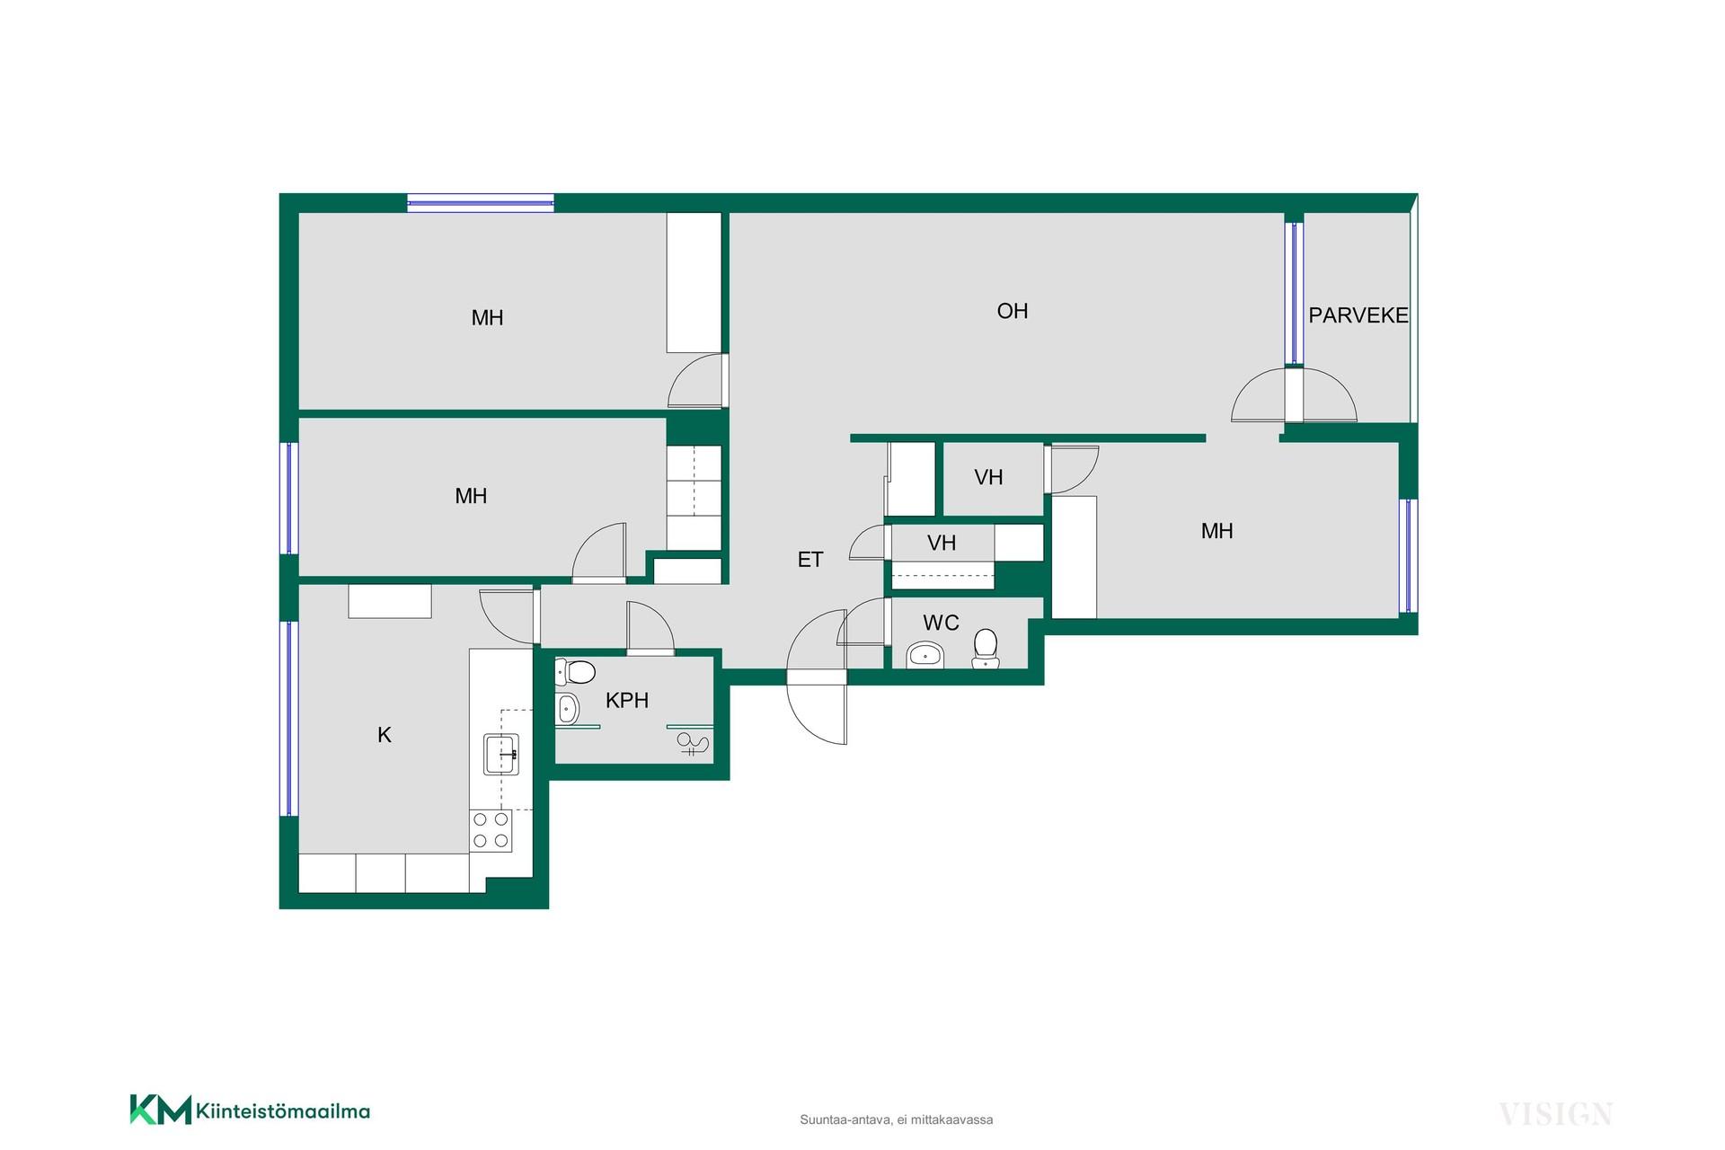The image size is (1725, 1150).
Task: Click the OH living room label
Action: point(1013,311)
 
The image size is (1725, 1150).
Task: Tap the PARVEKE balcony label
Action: point(1358,315)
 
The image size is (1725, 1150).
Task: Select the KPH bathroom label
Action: point(627,700)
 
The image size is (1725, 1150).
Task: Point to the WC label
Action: point(941,623)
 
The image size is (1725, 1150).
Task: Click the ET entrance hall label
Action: point(810,560)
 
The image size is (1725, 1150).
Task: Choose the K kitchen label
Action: point(385,735)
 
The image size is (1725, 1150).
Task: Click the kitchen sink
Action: point(501,754)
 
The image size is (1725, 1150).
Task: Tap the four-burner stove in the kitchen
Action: point(491,830)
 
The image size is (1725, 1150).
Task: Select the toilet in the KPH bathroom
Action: point(575,672)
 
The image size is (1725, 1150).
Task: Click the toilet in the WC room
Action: point(986,649)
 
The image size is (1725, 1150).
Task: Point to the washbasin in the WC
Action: point(924,655)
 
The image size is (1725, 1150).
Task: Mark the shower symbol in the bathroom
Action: point(693,744)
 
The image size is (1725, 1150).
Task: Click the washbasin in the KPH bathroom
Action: point(567,709)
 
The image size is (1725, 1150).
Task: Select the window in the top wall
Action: point(481,203)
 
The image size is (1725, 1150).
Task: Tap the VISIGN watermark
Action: point(1556,1114)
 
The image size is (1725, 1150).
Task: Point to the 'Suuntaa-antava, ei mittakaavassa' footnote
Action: point(897,1120)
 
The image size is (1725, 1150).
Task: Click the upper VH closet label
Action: point(988,477)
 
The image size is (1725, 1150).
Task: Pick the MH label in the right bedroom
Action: point(1217,531)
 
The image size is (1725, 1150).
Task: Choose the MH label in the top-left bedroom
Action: point(488,317)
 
